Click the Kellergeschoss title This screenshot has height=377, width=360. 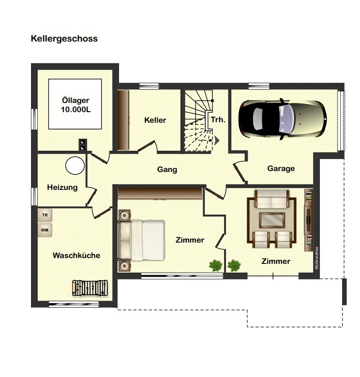pos(64,39)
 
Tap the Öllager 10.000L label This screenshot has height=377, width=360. pos(75,105)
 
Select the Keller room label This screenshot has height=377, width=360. pos(155,120)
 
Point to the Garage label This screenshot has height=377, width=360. pos(281,169)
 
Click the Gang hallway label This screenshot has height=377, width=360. pos(167,170)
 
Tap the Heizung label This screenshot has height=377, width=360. pos(62,188)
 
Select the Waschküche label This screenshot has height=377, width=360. pos(76,255)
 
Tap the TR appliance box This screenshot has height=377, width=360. pos(45,215)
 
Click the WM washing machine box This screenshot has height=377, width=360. pos(45,230)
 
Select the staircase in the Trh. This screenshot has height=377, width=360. pos(197,121)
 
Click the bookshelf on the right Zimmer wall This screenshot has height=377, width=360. pos(308,220)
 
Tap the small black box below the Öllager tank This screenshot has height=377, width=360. pos(83,144)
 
